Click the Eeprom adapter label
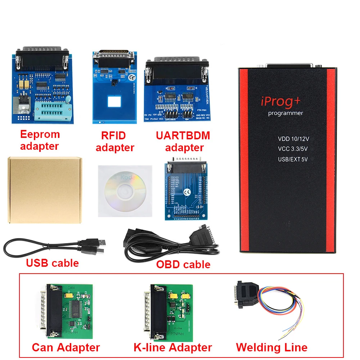coord(40,140)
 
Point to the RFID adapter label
coord(115,141)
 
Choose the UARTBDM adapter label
coord(183,141)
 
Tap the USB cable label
coord(52,263)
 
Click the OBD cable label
coord(183,265)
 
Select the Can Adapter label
coord(66,347)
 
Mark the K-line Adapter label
coord(172,347)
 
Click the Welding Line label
coord(271,347)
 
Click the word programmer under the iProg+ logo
coord(285,113)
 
